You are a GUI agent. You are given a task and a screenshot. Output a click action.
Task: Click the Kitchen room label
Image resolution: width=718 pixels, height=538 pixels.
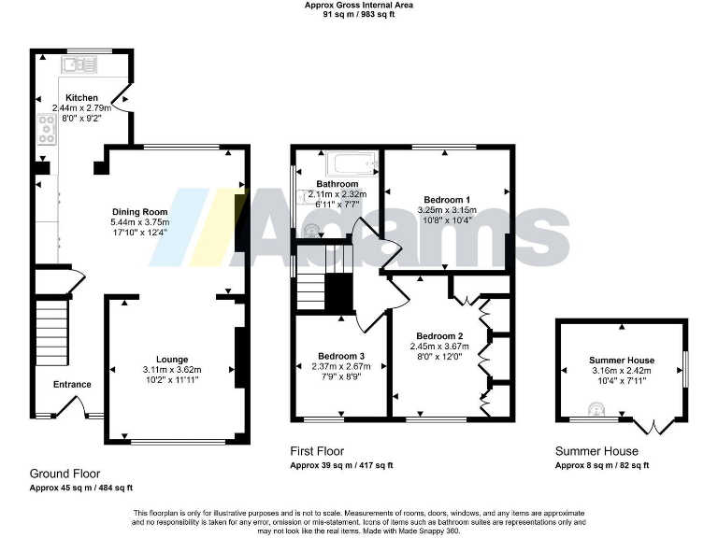pos(80,98)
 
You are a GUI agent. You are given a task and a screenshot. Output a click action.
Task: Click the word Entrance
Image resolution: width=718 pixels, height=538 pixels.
pos(72,385)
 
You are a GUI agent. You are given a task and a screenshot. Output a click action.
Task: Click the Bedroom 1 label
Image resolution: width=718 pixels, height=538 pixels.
pos(447,200)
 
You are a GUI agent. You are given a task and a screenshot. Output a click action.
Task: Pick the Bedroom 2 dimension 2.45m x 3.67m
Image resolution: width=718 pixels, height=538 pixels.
pos(440,347)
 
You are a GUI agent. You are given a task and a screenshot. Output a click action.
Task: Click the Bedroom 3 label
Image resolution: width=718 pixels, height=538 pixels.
pos(341,356)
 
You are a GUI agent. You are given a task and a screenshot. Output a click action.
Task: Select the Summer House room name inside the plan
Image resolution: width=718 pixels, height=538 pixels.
pos(622,361)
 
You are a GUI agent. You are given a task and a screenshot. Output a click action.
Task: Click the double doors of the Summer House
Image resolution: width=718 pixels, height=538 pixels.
pos(651,427)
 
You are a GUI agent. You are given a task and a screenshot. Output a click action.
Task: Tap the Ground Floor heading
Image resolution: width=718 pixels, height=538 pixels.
pos(65,474)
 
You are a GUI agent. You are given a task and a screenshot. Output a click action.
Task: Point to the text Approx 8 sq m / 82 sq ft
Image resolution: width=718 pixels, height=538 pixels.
pos(602,465)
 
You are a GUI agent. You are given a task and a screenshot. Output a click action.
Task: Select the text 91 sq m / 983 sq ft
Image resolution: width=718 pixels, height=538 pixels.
pos(359,15)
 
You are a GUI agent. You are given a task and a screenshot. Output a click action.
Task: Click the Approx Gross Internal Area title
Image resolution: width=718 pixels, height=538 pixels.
pos(359,5)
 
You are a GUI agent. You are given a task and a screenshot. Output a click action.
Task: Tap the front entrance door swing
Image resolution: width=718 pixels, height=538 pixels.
pos(66,407)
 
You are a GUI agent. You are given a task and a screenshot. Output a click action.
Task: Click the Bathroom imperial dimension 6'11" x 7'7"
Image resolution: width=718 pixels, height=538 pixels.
pos(337,204)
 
